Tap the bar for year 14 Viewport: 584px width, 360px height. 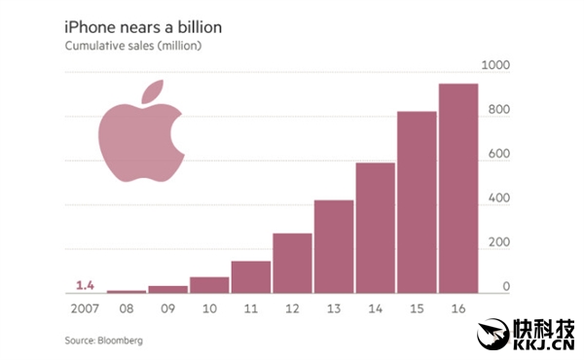(x=376, y=228)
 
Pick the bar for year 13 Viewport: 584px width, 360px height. (x=334, y=246)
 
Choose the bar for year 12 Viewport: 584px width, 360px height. (x=292, y=263)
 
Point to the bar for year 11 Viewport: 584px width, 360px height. (x=251, y=276)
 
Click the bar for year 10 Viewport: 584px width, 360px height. (x=209, y=284)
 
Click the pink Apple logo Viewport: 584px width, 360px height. (x=139, y=141)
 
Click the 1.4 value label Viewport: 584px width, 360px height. (x=85, y=285)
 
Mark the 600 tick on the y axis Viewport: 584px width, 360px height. (x=499, y=154)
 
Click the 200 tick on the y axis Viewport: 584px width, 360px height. (x=499, y=242)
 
